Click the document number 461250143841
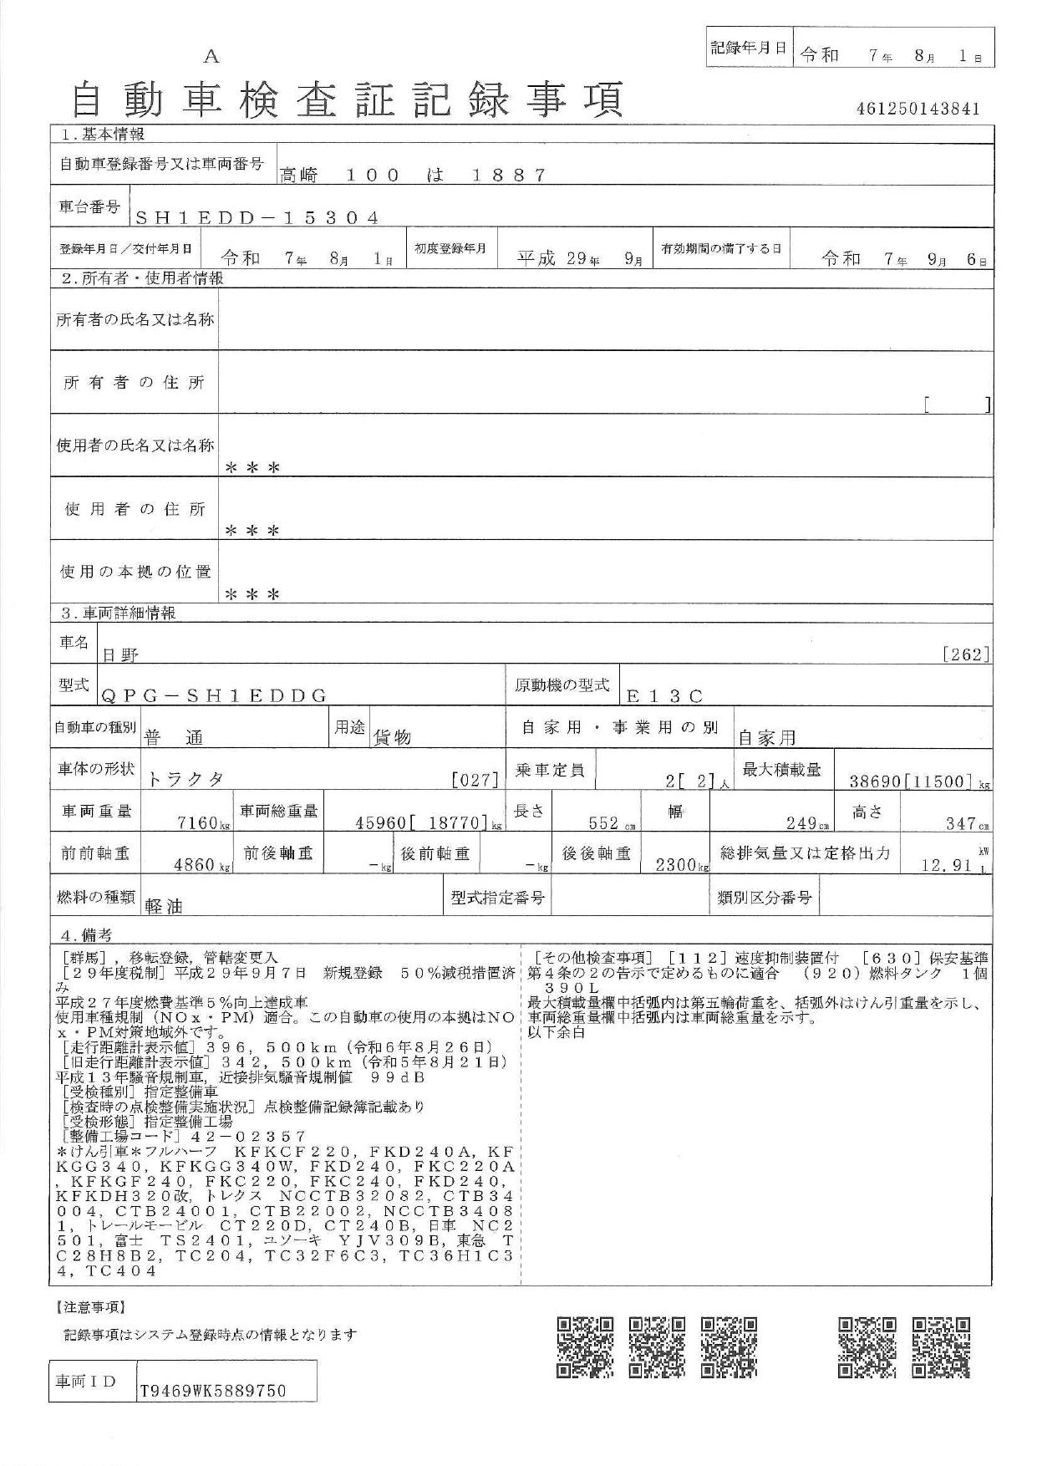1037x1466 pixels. [x=917, y=109]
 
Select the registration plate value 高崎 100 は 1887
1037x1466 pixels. [x=413, y=176]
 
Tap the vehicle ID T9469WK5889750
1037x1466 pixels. [x=213, y=1391]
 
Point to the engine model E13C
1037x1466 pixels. [x=665, y=695]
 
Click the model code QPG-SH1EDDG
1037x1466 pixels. [x=214, y=695]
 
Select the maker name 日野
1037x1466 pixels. [x=121, y=656]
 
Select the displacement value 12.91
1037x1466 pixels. [x=944, y=866]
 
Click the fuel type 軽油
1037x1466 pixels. [x=164, y=906]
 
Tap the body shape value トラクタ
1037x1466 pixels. [x=186, y=780]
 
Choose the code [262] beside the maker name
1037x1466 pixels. [x=966, y=654]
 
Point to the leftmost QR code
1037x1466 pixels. [x=585, y=1347]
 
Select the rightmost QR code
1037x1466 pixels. [x=942, y=1347]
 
